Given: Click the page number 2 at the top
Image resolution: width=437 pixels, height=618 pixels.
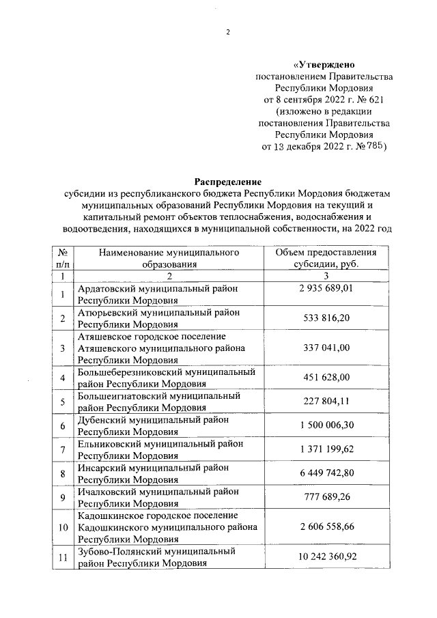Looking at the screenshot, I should click(x=228, y=32).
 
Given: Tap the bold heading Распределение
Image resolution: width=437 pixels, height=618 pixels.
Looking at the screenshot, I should click(x=227, y=182).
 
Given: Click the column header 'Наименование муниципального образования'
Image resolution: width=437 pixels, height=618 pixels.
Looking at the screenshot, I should click(x=168, y=257).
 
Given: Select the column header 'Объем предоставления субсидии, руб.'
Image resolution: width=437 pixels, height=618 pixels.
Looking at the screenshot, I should click(x=326, y=257).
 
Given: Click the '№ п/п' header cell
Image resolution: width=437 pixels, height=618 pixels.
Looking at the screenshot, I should click(x=62, y=257).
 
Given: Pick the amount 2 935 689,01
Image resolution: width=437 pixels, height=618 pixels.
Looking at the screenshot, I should click(x=326, y=289).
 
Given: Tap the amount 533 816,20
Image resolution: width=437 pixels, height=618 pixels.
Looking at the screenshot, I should click(x=326, y=318).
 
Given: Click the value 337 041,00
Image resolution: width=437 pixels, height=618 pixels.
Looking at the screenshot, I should click(x=326, y=348).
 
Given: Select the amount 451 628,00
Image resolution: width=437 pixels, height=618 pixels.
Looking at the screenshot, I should click(x=326, y=378).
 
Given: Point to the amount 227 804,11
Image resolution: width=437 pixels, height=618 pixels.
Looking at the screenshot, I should click(x=326, y=402).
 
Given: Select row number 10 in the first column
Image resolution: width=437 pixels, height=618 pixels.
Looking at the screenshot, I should click(x=62, y=527).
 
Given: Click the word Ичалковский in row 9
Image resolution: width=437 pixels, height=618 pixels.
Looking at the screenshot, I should click(x=107, y=491).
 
